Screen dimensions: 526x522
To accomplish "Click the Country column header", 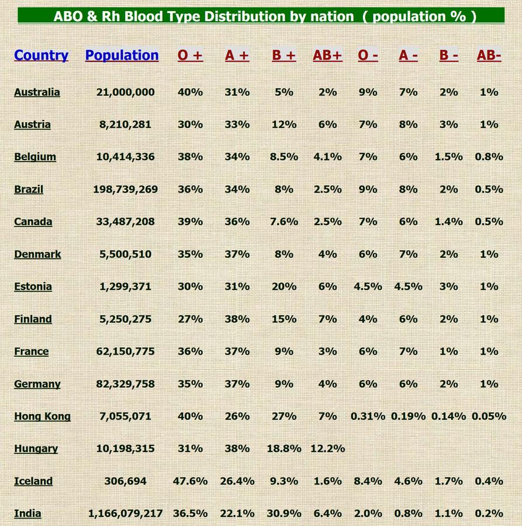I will tap(41, 56).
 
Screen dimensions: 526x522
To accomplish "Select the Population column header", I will tap(122, 56).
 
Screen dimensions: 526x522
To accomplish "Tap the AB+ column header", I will tap(327, 56).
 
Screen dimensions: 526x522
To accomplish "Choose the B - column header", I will tap(448, 56).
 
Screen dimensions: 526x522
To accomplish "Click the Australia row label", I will tap(37, 92).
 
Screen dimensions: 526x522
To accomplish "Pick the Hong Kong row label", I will tap(42, 417).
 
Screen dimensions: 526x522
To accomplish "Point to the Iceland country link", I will tap(33, 482).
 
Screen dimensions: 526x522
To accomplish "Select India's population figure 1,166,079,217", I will tap(125, 514).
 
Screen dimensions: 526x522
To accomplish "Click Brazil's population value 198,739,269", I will tap(125, 190).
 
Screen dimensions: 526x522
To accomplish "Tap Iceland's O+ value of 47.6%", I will tap(190, 482).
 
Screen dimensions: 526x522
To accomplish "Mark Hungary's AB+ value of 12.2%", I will tap(327, 449).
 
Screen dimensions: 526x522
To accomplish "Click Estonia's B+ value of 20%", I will tap(284, 287).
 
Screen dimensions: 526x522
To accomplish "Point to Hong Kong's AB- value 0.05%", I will tap(488, 417).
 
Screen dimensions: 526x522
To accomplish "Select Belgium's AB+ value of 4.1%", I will tap(327, 157).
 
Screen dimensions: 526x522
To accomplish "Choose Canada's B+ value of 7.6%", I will tap(284, 222).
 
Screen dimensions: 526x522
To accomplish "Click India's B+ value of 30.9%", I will tap(284, 514).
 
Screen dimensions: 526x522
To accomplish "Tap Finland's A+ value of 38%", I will tap(237, 319).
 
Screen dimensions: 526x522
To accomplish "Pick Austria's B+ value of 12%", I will tap(284, 125).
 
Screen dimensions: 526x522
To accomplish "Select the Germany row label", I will tap(37, 384).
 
